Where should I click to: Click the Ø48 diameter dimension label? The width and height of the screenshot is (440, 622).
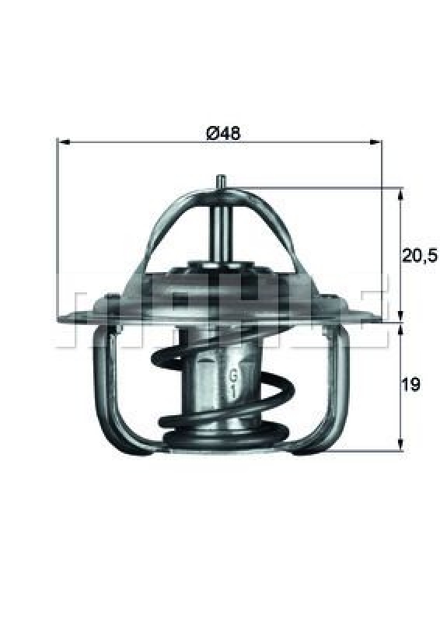(x=222, y=133)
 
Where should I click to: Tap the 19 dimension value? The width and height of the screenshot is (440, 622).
(x=412, y=384)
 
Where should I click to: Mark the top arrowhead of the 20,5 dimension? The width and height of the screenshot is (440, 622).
(x=400, y=193)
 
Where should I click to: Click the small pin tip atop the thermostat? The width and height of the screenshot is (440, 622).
(x=222, y=180)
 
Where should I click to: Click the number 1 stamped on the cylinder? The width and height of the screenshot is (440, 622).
(x=232, y=393)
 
